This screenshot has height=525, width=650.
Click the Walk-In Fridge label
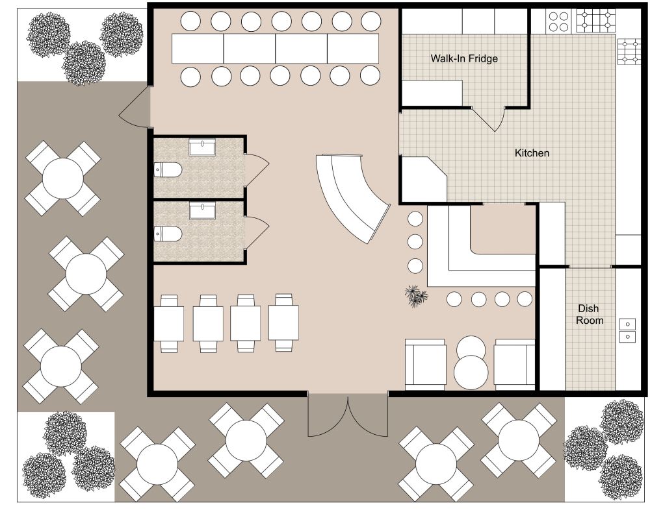(463, 59)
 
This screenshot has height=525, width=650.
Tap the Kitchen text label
(532, 154)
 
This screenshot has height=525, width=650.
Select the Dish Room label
(590, 315)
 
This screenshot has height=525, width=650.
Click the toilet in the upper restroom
(168, 171)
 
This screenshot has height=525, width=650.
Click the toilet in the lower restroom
(168, 233)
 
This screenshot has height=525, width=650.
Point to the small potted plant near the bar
(415, 297)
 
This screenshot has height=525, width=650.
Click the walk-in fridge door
(489, 119)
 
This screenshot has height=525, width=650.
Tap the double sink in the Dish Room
(627, 330)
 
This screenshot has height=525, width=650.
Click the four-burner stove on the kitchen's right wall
(629, 52)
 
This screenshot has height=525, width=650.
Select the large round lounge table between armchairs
(471, 372)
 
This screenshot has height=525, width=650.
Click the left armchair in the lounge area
(425, 364)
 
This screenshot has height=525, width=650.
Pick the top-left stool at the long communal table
(190, 21)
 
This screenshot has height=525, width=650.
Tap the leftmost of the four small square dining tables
(169, 323)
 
